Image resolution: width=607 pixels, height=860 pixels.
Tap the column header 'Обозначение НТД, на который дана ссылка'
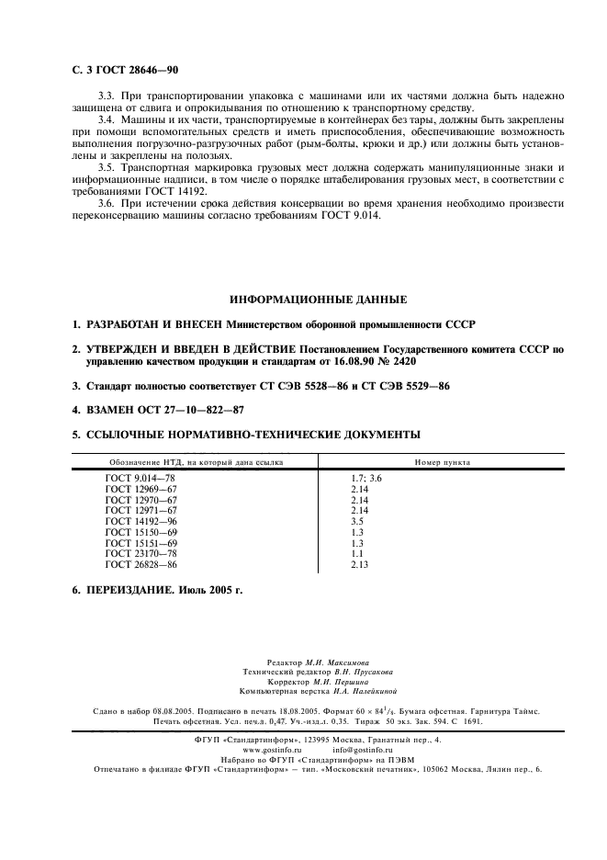click(197, 462)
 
